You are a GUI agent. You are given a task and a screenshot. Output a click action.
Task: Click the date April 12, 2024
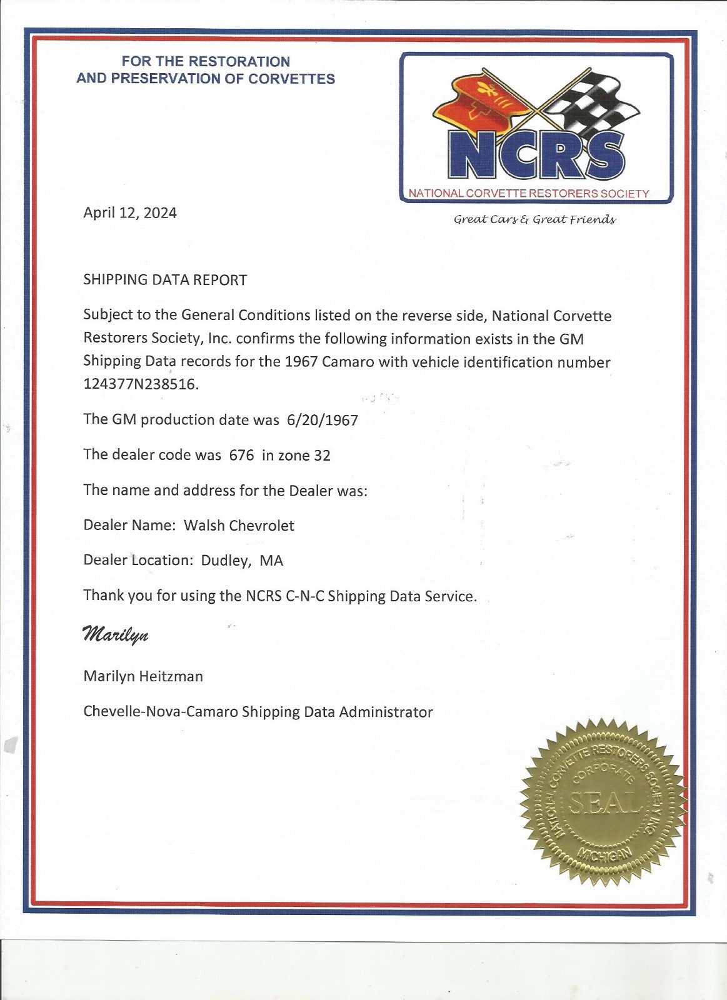click(x=130, y=213)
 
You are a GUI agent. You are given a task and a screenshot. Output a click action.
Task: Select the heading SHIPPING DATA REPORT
click(x=165, y=280)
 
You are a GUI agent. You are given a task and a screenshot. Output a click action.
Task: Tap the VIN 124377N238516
click(x=141, y=384)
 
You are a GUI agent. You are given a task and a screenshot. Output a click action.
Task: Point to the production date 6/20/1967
click(x=323, y=420)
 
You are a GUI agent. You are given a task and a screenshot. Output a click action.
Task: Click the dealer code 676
click(x=241, y=456)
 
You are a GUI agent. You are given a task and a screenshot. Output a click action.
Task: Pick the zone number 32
click(x=322, y=456)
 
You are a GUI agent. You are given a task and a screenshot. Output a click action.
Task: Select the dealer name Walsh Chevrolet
click(x=239, y=526)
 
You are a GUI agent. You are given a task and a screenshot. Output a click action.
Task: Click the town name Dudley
click(x=224, y=561)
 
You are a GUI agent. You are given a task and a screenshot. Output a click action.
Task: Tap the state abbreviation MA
click(x=271, y=561)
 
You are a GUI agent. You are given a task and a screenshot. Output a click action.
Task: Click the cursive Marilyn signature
click(x=116, y=634)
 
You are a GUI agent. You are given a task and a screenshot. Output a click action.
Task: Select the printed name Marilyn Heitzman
click(x=143, y=676)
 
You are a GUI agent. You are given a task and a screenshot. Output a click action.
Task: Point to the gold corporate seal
click(x=603, y=802)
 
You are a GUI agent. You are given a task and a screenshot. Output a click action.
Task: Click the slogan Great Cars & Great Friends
click(x=534, y=219)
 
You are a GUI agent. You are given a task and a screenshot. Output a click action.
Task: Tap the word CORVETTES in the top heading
click(x=291, y=79)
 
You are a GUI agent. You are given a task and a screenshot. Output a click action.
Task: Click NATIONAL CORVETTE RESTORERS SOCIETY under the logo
click(x=529, y=194)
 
